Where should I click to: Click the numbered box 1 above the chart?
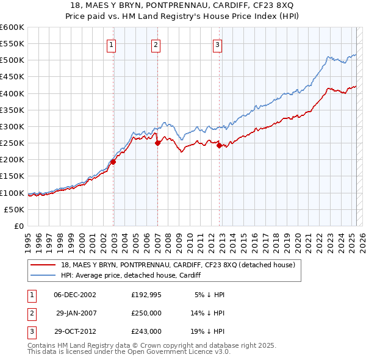coord(113,44)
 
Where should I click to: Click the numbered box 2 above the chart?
coord(156,44)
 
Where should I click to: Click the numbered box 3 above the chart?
coord(217,44)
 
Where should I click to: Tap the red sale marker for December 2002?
coord(113,162)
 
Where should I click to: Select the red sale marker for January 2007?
coord(157,143)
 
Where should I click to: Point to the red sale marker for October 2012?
coord(220,145)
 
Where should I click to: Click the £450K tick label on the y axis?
coord(12,77)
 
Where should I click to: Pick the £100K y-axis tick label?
coord(12,193)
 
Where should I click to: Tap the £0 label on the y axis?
coord(18,226)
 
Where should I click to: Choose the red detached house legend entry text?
coord(178,265)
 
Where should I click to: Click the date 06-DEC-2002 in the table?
coord(75,295)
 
